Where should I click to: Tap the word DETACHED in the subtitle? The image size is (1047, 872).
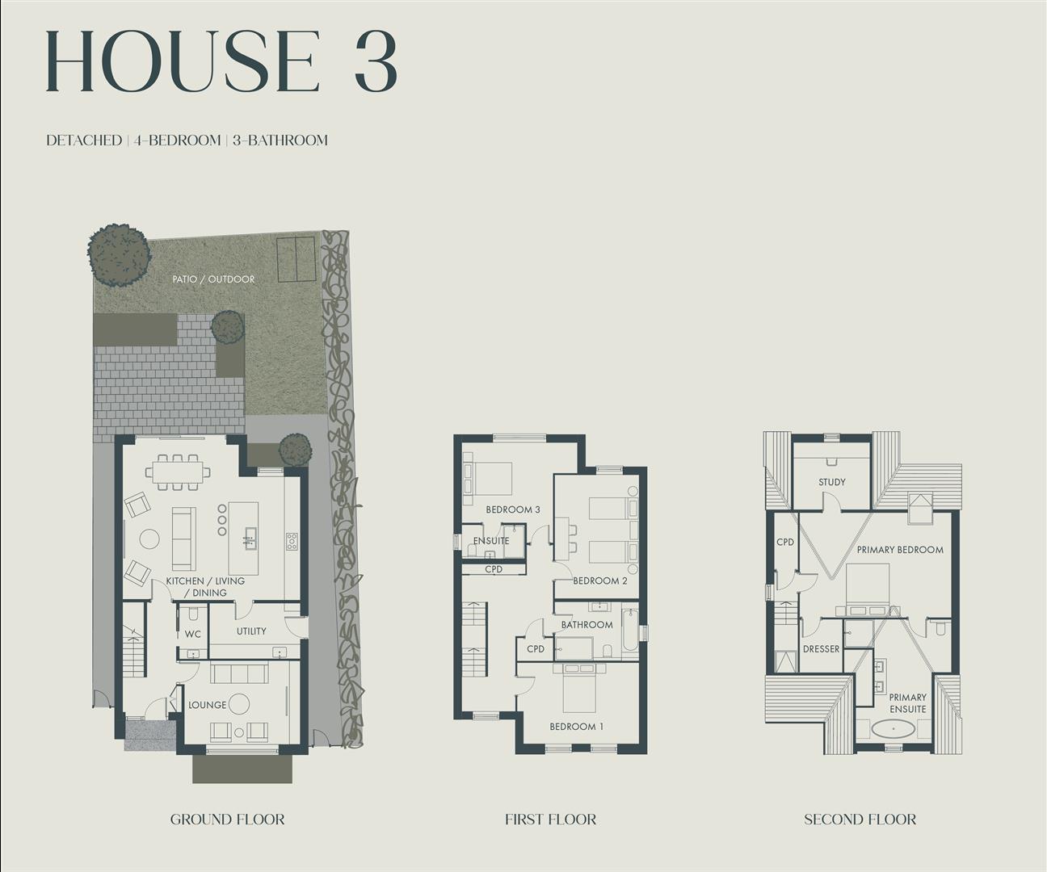point(84,140)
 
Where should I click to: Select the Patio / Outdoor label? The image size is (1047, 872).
point(213,279)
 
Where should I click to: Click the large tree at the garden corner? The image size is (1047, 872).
point(119,254)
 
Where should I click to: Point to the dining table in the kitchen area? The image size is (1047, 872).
point(178,472)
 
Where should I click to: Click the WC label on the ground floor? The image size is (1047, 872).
point(193,635)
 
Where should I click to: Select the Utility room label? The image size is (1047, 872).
point(251,631)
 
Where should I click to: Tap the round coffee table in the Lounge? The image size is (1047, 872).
point(239,705)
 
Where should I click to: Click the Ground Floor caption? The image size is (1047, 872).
point(227,820)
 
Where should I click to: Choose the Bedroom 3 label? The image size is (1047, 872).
point(513,509)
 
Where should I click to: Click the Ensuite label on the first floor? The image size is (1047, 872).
point(491,541)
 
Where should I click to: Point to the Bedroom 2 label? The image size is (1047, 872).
point(600,581)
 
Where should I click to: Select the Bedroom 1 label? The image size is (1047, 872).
point(577,727)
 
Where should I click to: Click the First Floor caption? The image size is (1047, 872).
point(550,820)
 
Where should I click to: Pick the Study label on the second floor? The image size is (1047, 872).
point(832,482)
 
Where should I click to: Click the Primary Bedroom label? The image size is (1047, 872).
point(900,550)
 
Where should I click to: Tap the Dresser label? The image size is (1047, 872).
point(821,649)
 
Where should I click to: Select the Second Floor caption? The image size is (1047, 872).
point(860,820)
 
